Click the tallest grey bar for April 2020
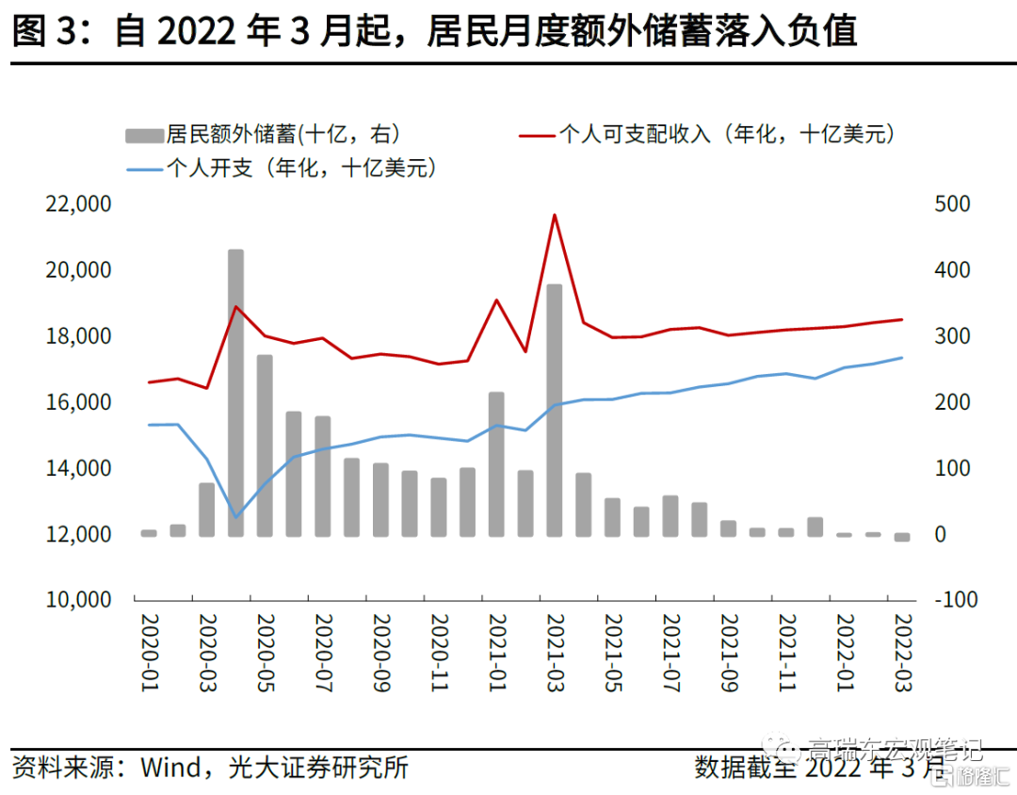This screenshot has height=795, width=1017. [x=235, y=393]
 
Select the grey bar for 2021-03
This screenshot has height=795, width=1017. [x=555, y=410]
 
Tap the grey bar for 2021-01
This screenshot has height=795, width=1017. [x=496, y=463]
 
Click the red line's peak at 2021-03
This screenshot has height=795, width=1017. [x=555, y=215]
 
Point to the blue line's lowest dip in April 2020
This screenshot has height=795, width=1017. [x=235, y=517]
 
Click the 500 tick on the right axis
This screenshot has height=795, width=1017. [x=951, y=204]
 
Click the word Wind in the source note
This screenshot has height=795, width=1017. [x=170, y=767]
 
